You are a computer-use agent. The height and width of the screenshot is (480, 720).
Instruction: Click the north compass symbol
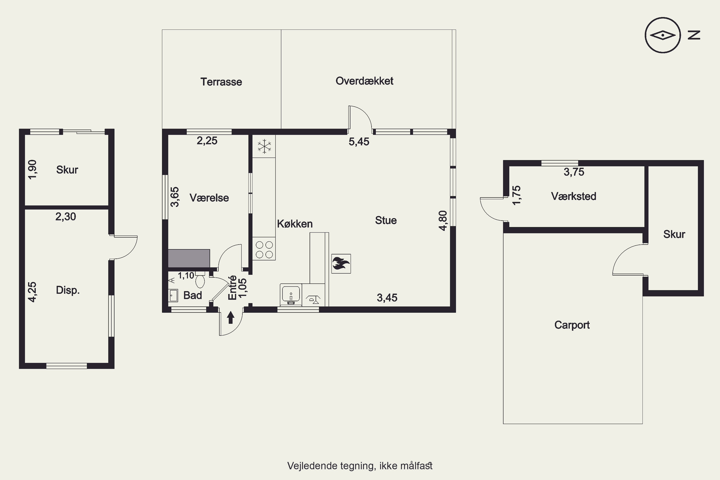coord(662,35)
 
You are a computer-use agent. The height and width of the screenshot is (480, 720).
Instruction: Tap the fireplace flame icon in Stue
coord(341,264)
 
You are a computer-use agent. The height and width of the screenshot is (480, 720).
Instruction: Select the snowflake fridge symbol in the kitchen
coord(264,146)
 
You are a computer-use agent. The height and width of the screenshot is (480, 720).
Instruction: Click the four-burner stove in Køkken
coord(264,249)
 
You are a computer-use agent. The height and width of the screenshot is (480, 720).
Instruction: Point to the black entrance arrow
coord(230,318)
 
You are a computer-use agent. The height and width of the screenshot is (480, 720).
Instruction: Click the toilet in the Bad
coord(200,280)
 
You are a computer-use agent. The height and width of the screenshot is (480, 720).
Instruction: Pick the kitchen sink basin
coord(291,295)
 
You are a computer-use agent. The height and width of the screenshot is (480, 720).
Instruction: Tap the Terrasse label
coord(221,82)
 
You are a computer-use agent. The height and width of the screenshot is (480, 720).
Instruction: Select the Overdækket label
coord(364,81)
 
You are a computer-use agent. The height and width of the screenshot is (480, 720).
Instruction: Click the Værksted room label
coord(573,196)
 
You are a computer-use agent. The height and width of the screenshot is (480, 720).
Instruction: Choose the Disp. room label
coord(68,290)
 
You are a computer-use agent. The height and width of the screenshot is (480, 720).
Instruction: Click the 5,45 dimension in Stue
coord(359,142)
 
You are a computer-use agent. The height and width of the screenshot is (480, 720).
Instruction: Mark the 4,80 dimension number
coord(443,220)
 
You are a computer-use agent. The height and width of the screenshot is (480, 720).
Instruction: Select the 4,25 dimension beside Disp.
coord(32,292)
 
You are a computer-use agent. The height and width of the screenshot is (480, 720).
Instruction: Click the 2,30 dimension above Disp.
coord(66,217)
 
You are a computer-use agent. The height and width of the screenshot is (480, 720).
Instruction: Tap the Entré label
coord(232,288)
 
